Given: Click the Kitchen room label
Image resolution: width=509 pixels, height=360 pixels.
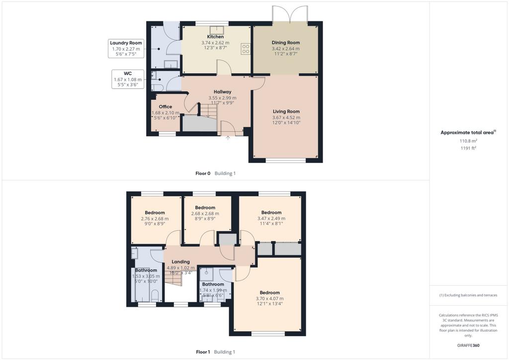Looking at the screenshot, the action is [x=215, y=37].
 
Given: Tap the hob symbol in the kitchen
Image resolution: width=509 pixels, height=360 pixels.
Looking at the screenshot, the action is [x=246, y=49].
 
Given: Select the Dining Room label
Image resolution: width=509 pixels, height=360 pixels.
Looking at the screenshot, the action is [x=286, y=43].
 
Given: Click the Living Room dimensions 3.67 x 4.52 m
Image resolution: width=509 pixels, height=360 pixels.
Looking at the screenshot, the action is [x=286, y=117].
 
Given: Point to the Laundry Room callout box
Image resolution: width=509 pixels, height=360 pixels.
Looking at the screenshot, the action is [x=126, y=49].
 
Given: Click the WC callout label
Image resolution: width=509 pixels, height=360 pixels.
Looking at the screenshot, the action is [x=128, y=74].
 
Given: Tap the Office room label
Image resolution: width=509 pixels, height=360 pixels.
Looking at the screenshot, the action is [x=165, y=106].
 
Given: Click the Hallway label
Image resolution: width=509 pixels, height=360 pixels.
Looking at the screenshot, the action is [x=222, y=92].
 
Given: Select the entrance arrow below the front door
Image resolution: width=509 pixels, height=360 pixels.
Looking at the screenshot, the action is [x=228, y=138].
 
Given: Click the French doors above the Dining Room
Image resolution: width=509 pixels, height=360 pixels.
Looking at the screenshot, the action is [x=290, y=14].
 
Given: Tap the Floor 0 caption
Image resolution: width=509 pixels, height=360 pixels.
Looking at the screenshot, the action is [x=203, y=174].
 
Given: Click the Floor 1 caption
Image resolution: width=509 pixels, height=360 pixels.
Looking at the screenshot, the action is [x=203, y=352].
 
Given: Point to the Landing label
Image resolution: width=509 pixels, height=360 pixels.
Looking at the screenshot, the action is [x=180, y=262].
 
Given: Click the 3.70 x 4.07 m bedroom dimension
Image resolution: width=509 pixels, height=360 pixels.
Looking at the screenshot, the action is [x=269, y=299].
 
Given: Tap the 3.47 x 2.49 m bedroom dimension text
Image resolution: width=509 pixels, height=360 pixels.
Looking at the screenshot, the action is [x=271, y=218].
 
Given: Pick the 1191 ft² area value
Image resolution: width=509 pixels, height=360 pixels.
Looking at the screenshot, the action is [x=468, y=148].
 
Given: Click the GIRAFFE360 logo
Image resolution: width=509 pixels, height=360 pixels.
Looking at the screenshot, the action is [x=468, y=346].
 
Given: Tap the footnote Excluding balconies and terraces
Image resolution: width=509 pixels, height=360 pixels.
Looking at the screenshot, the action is [x=468, y=295].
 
